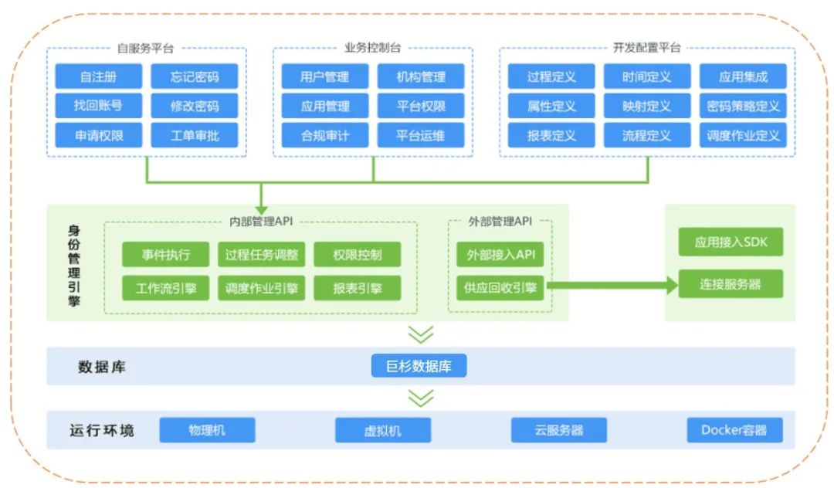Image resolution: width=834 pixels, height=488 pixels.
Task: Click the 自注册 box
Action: click(98, 76)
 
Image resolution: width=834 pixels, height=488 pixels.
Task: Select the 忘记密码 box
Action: click(195, 76)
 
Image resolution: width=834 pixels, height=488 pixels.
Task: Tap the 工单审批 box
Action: click(195, 135)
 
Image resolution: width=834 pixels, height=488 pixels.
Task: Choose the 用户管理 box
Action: click(324, 76)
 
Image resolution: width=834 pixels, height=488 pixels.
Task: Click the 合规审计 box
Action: click(324, 135)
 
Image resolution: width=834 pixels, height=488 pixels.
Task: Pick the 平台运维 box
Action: click(421, 135)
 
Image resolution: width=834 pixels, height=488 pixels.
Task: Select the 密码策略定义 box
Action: click(743, 106)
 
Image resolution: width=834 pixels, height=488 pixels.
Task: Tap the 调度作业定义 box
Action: click(743, 135)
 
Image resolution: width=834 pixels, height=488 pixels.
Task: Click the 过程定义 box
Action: click(551, 76)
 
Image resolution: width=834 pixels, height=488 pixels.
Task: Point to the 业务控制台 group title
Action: click(372, 48)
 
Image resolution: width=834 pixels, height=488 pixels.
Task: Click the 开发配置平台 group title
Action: click(646, 48)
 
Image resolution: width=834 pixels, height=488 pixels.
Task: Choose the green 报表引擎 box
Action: click(357, 288)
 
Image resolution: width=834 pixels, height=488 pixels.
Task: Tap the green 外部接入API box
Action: click(500, 254)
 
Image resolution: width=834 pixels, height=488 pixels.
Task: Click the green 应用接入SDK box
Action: click(731, 242)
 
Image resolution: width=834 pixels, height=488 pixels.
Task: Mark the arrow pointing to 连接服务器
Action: click(610, 286)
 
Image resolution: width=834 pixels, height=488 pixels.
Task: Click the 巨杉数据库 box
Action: click(419, 365)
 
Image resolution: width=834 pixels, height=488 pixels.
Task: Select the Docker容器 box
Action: click(735, 430)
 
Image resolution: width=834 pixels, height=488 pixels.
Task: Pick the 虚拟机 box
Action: click(383, 430)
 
